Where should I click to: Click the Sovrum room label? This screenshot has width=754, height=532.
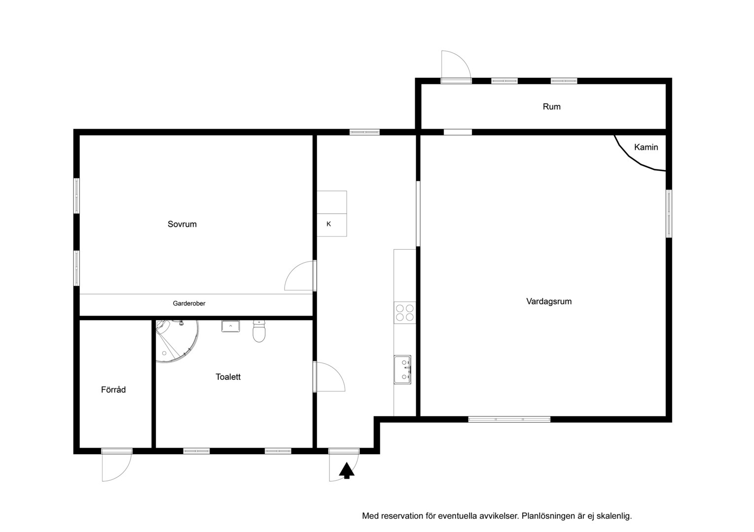click(x=182, y=224)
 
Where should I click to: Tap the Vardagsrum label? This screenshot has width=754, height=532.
click(x=549, y=301)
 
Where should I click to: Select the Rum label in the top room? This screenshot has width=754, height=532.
click(x=552, y=106)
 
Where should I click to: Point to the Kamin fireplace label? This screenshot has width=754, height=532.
click(x=646, y=147)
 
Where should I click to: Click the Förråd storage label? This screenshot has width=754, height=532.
click(x=113, y=390)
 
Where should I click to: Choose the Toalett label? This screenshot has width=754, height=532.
click(x=228, y=377)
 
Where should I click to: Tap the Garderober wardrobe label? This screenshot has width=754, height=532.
click(x=189, y=303)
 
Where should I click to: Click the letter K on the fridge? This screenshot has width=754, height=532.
click(x=329, y=224)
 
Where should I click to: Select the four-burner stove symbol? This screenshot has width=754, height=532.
click(x=404, y=313)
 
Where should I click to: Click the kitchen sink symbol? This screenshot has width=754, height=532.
click(x=402, y=370)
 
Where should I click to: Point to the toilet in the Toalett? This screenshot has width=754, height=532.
click(x=259, y=331)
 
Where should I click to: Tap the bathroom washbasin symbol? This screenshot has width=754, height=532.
click(x=231, y=326)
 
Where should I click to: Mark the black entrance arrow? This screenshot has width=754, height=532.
click(x=347, y=470)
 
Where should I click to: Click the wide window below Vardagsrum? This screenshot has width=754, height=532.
click(x=509, y=419)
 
